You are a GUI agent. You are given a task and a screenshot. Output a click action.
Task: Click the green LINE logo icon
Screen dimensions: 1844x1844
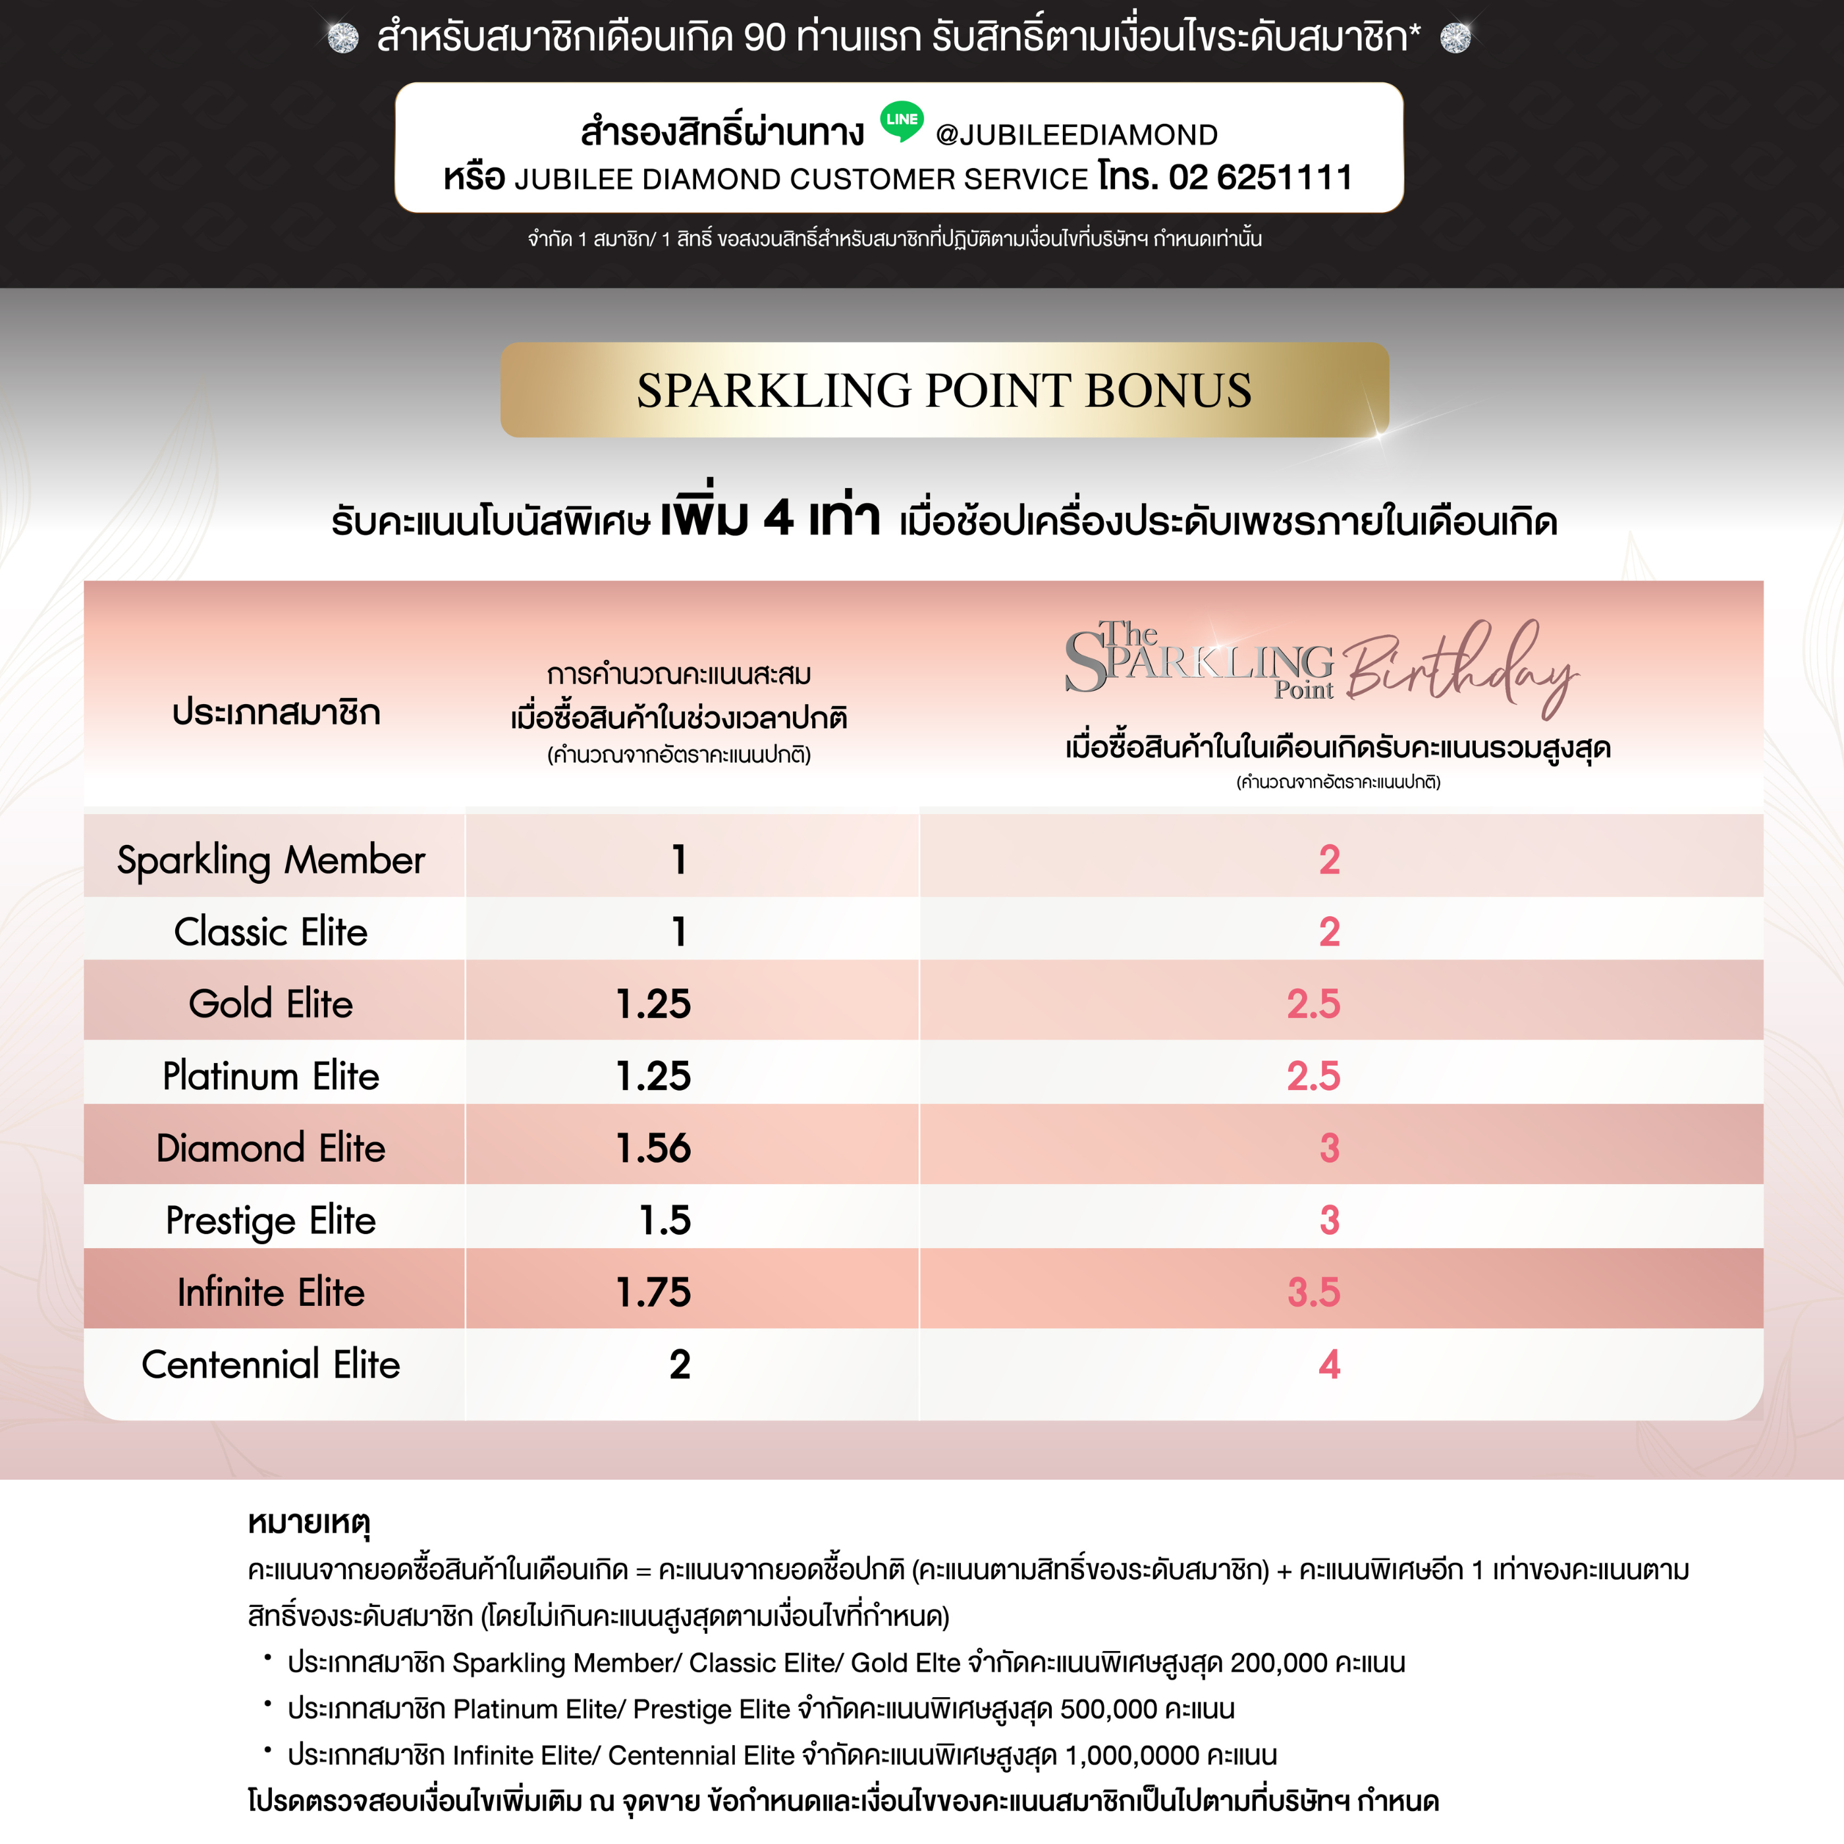(901, 121)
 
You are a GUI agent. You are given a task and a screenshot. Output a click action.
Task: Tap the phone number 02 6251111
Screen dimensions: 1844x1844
(1260, 178)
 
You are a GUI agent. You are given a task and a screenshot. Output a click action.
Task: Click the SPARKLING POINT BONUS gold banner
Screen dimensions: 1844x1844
(944, 391)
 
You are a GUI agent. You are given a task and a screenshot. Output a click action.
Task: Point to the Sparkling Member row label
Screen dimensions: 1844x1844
(271, 860)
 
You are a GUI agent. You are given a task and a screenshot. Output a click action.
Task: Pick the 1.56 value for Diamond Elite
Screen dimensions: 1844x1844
(654, 1148)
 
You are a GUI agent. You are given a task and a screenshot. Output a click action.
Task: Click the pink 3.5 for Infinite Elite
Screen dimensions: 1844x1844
(1313, 1292)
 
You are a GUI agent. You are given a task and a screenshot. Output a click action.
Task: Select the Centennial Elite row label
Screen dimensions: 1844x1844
(271, 1365)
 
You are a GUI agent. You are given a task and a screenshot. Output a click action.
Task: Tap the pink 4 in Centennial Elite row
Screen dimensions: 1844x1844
(1328, 1365)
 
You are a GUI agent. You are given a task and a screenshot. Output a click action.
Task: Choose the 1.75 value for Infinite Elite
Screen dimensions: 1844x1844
(654, 1292)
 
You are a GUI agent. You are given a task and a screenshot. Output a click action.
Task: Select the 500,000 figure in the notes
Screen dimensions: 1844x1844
(1108, 1708)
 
